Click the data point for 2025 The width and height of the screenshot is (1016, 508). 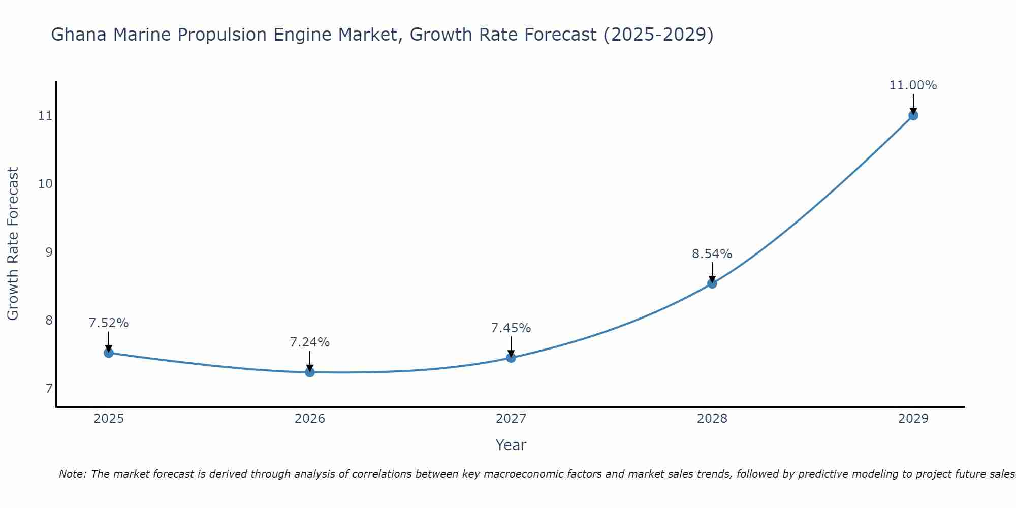click(x=108, y=353)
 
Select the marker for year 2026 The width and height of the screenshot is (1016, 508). click(x=310, y=372)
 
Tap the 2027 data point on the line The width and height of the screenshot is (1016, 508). click(x=511, y=358)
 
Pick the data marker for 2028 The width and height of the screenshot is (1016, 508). click(x=712, y=283)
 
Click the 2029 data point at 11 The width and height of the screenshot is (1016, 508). click(x=913, y=115)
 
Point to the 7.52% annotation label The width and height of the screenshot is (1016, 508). click(x=109, y=323)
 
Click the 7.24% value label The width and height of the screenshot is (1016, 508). click(x=310, y=342)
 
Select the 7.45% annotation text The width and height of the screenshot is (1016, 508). click(x=511, y=328)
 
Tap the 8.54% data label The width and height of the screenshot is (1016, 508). click(x=712, y=254)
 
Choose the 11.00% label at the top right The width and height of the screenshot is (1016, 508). click(x=913, y=85)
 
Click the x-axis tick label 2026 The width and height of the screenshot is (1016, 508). click(x=310, y=419)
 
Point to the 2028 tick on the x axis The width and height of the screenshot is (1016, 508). click(x=712, y=419)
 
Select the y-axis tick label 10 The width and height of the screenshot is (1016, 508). click(x=46, y=184)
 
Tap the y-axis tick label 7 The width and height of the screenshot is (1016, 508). click(x=49, y=389)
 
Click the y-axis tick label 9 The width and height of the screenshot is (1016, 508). click(x=49, y=252)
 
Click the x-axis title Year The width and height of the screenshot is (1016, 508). click(x=511, y=445)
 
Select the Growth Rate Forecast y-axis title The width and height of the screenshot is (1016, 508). click(x=13, y=244)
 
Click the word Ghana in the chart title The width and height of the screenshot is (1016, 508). click(x=79, y=35)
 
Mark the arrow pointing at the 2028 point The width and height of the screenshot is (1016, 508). click(x=712, y=272)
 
